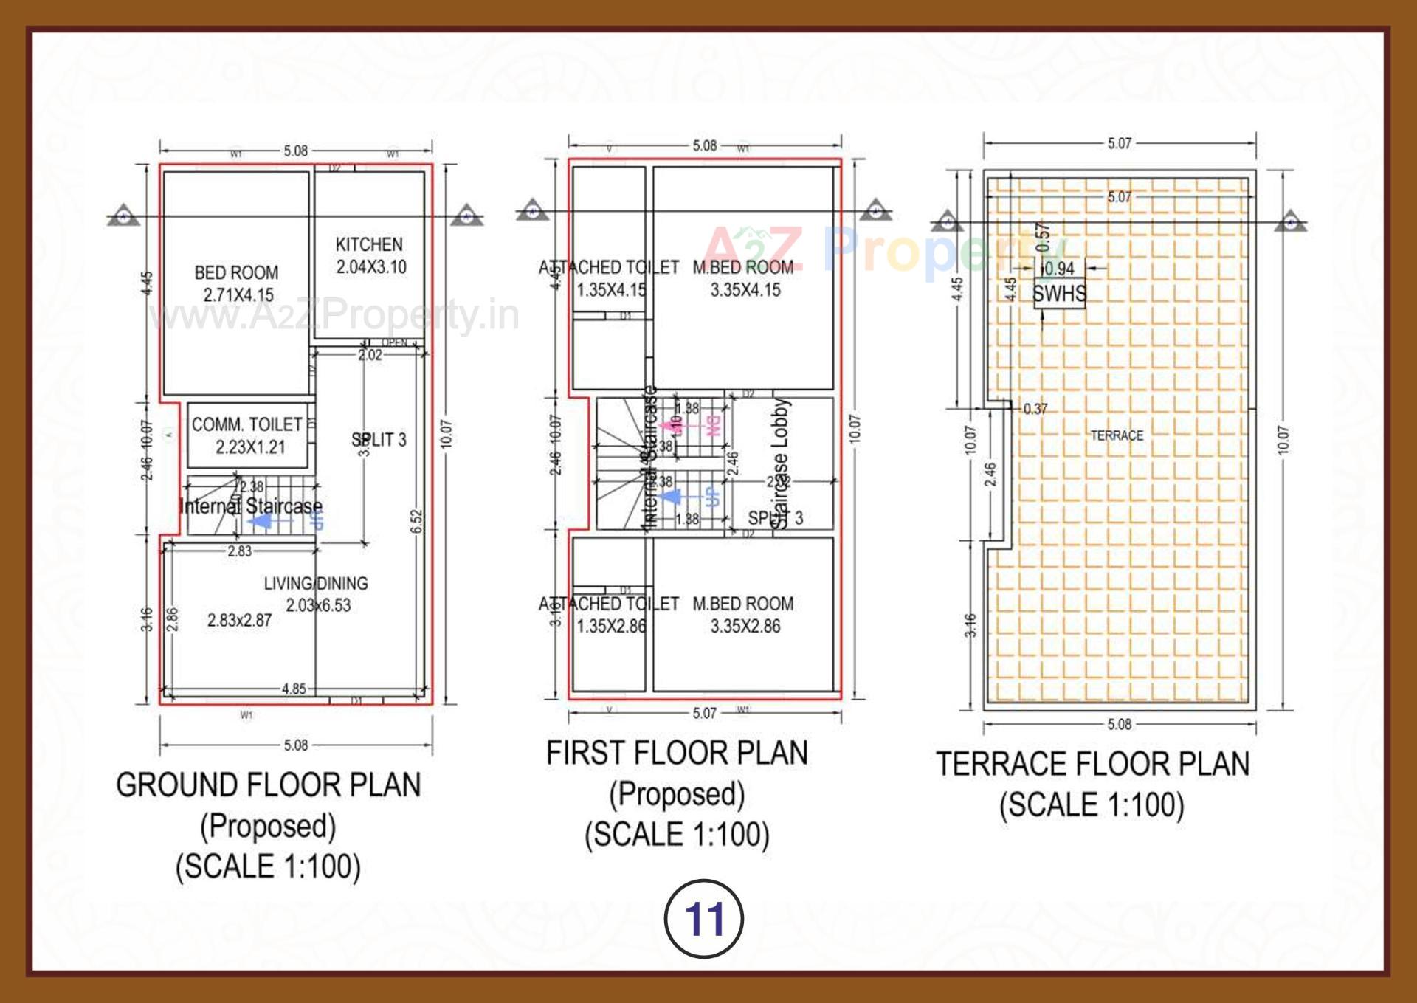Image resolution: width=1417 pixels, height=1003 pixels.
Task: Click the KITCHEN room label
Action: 369,244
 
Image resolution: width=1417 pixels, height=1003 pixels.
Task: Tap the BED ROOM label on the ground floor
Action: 236,272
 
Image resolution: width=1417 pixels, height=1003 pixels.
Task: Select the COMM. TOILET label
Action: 246,424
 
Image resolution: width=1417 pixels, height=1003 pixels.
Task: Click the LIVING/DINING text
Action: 316,583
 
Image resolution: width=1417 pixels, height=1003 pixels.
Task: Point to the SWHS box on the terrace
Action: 1059,294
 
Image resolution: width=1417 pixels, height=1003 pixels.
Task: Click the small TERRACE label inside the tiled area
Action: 1117,435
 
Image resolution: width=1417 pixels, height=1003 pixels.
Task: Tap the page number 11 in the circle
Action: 704,919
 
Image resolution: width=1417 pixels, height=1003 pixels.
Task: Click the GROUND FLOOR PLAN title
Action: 268,785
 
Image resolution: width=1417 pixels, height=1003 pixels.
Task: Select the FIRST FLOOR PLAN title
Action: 677,753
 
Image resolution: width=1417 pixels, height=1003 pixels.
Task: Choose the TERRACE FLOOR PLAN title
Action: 1093,764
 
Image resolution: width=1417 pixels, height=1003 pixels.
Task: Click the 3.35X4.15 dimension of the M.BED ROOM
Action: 745,290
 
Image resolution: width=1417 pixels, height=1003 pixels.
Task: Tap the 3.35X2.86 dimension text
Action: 745,627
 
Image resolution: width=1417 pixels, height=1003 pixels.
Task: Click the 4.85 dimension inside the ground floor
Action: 294,689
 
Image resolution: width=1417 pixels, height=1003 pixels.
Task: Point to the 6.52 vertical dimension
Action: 416,521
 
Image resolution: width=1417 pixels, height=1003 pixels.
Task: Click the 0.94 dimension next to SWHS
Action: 1060,269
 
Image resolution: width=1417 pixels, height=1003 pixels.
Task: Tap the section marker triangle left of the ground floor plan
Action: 123,215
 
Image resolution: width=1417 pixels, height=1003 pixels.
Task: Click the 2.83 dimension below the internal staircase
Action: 239,551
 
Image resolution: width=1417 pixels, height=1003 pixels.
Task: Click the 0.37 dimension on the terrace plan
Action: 1035,408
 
